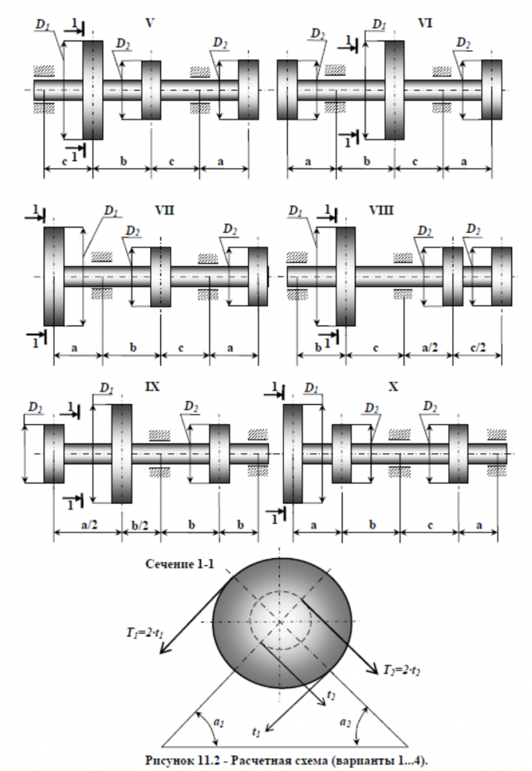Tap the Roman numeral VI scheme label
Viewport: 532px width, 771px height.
pos(425,23)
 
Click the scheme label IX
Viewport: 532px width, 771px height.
pos(152,387)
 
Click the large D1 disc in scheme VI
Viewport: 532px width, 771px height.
pos(394,90)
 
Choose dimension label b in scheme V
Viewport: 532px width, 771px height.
pos(123,160)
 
